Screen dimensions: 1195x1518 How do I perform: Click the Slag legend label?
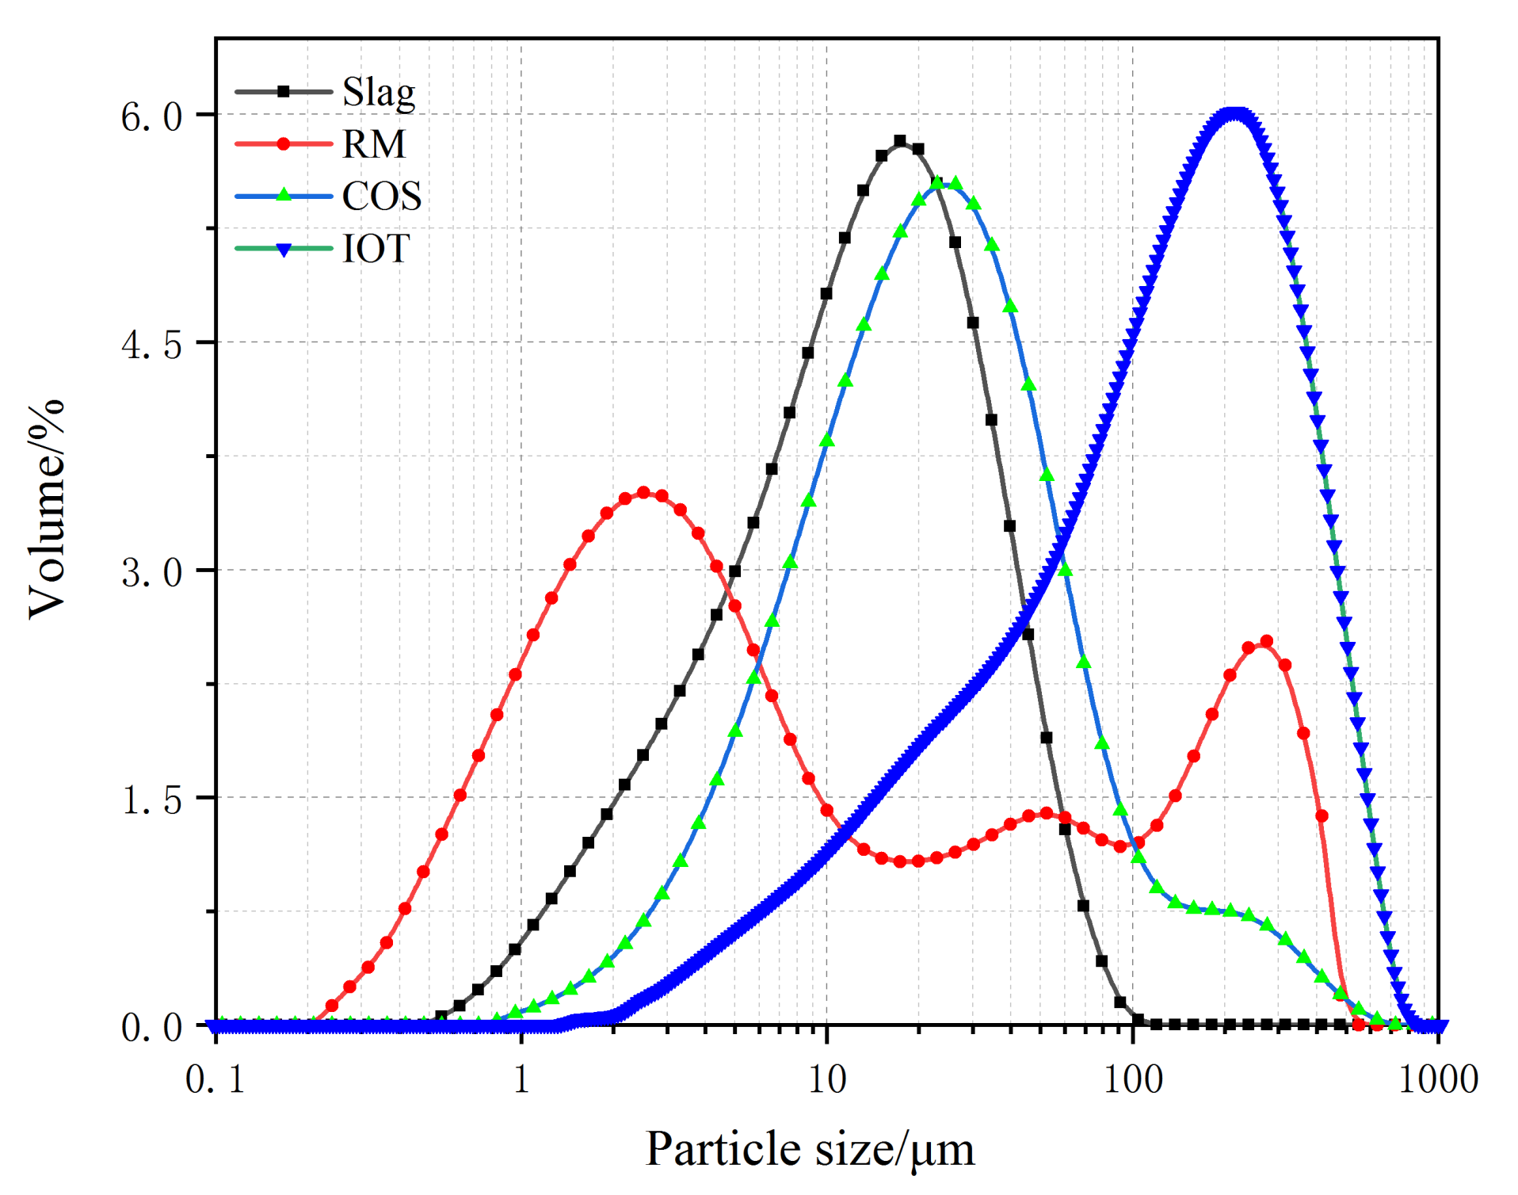click(378, 94)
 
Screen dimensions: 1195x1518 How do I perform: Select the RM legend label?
click(373, 144)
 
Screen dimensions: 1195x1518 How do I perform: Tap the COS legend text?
click(381, 196)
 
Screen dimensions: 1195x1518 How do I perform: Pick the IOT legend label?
click(376, 248)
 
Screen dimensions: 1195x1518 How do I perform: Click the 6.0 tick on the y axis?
click(151, 116)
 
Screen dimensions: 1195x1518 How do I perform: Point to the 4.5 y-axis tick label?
click(151, 344)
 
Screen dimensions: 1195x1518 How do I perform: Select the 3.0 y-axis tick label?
click(151, 571)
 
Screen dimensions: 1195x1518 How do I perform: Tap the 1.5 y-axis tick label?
click(151, 799)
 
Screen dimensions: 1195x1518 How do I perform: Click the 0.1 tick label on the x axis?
click(215, 1079)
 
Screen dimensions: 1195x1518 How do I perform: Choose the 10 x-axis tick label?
click(826, 1079)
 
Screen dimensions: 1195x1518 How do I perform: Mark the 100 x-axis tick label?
click(1133, 1079)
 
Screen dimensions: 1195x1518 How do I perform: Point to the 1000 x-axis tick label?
click(1438, 1079)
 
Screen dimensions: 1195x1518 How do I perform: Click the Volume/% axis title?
click(46, 508)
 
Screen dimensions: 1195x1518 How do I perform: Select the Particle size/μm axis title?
click(810, 1148)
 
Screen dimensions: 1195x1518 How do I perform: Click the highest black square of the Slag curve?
click(900, 141)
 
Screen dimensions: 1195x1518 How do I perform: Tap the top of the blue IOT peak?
click(1233, 114)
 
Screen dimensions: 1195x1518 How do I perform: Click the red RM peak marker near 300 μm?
click(1266, 641)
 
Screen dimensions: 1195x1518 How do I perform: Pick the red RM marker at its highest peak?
click(643, 493)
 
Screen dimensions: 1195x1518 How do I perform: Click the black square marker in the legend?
click(284, 92)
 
